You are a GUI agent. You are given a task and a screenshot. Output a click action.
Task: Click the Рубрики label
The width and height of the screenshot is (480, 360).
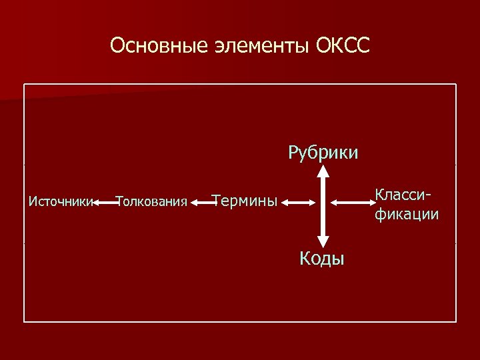pyautogui.click(x=323, y=153)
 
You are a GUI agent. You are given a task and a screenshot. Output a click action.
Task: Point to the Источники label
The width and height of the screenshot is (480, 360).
pyautogui.click(x=60, y=201)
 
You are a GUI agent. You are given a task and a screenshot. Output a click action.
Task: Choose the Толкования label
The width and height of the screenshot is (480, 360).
pyautogui.click(x=151, y=201)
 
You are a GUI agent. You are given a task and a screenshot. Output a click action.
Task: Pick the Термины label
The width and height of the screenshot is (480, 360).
pyautogui.click(x=244, y=200)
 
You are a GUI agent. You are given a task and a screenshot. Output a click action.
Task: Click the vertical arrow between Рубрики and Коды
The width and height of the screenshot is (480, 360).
pyautogui.click(x=323, y=207)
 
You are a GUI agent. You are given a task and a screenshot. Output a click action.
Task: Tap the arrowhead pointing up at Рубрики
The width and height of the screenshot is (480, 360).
pyautogui.click(x=323, y=171)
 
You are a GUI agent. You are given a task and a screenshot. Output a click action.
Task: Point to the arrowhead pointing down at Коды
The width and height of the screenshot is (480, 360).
pyautogui.click(x=323, y=243)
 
